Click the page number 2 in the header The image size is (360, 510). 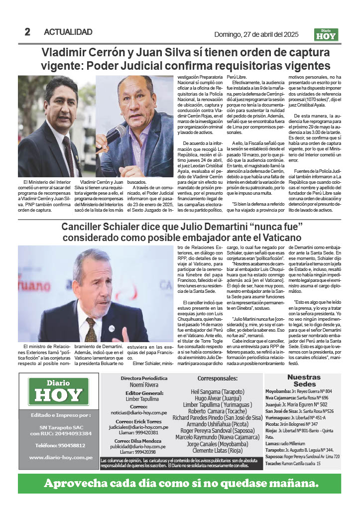click(x=27, y=32)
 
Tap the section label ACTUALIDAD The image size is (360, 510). click(x=68, y=32)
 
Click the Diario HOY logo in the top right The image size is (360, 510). click(x=326, y=34)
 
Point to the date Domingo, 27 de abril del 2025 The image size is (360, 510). click(x=255, y=34)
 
